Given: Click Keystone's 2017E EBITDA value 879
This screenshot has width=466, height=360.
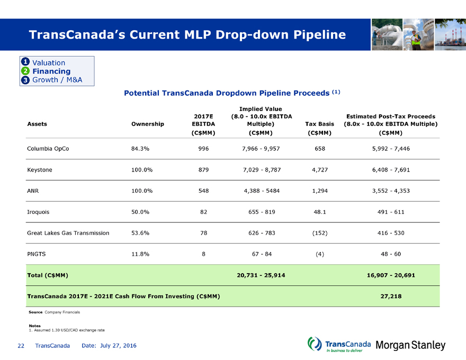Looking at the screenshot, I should click(x=203, y=170).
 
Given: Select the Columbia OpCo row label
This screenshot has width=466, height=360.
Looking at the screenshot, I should click(x=48, y=149).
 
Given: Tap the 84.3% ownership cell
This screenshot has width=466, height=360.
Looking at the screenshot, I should click(x=140, y=149).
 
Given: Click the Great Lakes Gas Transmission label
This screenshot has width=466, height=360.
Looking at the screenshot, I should click(x=68, y=233).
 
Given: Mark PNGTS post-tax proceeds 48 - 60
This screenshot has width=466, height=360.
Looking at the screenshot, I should click(x=390, y=254).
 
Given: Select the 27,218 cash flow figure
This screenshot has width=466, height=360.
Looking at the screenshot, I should click(x=390, y=296).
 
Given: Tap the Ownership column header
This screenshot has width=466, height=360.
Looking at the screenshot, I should click(x=147, y=124).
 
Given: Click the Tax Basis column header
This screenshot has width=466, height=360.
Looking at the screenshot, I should click(x=319, y=124).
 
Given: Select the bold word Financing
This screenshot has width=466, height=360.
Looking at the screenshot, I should click(x=51, y=71).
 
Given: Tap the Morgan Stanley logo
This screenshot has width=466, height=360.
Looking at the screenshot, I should click(x=410, y=346).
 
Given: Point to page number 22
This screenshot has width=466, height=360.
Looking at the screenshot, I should click(x=21, y=346).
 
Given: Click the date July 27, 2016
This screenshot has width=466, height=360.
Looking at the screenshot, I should click(x=109, y=346).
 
